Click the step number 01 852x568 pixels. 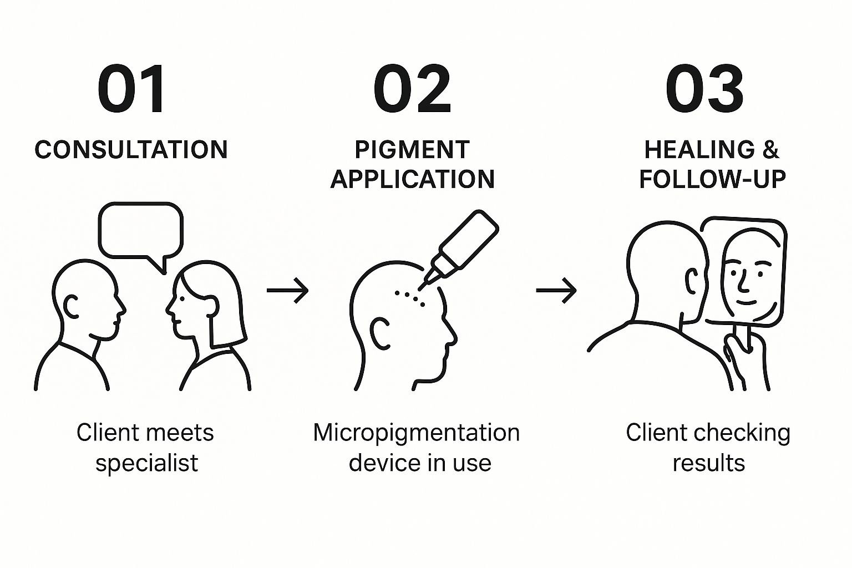point(131,89)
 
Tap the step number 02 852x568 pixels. point(412,89)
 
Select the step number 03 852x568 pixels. point(704,89)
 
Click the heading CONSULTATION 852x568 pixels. point(131,150)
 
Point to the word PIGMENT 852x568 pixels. point(412,150)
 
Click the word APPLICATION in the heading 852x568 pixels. point(412,179)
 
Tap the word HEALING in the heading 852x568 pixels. point(699,150)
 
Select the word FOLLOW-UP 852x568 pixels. point(712,179)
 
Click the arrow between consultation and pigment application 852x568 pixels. point(287,290)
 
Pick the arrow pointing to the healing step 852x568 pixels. point(556,290)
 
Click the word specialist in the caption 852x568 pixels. point(146,463)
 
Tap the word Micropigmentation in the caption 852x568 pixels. point(416,433)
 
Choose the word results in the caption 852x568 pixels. point(708,463)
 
